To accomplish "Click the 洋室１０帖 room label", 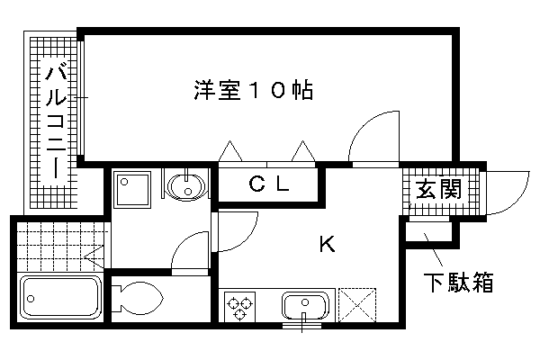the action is (254, 90).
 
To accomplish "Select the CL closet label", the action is (268, 184).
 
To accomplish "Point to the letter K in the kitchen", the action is (327, 244).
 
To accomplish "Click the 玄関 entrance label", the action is (439, 190).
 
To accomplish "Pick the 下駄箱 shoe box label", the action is (458, 282).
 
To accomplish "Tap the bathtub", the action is (60, 297).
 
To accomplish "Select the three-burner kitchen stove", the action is (239, 306).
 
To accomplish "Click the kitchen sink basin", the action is (305, 306).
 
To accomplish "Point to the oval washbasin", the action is (186, 186).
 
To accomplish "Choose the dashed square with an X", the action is (357, 305).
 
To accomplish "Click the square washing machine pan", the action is (132, 190).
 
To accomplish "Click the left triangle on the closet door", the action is (230, 151).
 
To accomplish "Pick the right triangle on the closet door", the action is (303, 151).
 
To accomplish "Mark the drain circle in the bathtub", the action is (31, 299).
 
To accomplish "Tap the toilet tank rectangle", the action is (116, 298).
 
